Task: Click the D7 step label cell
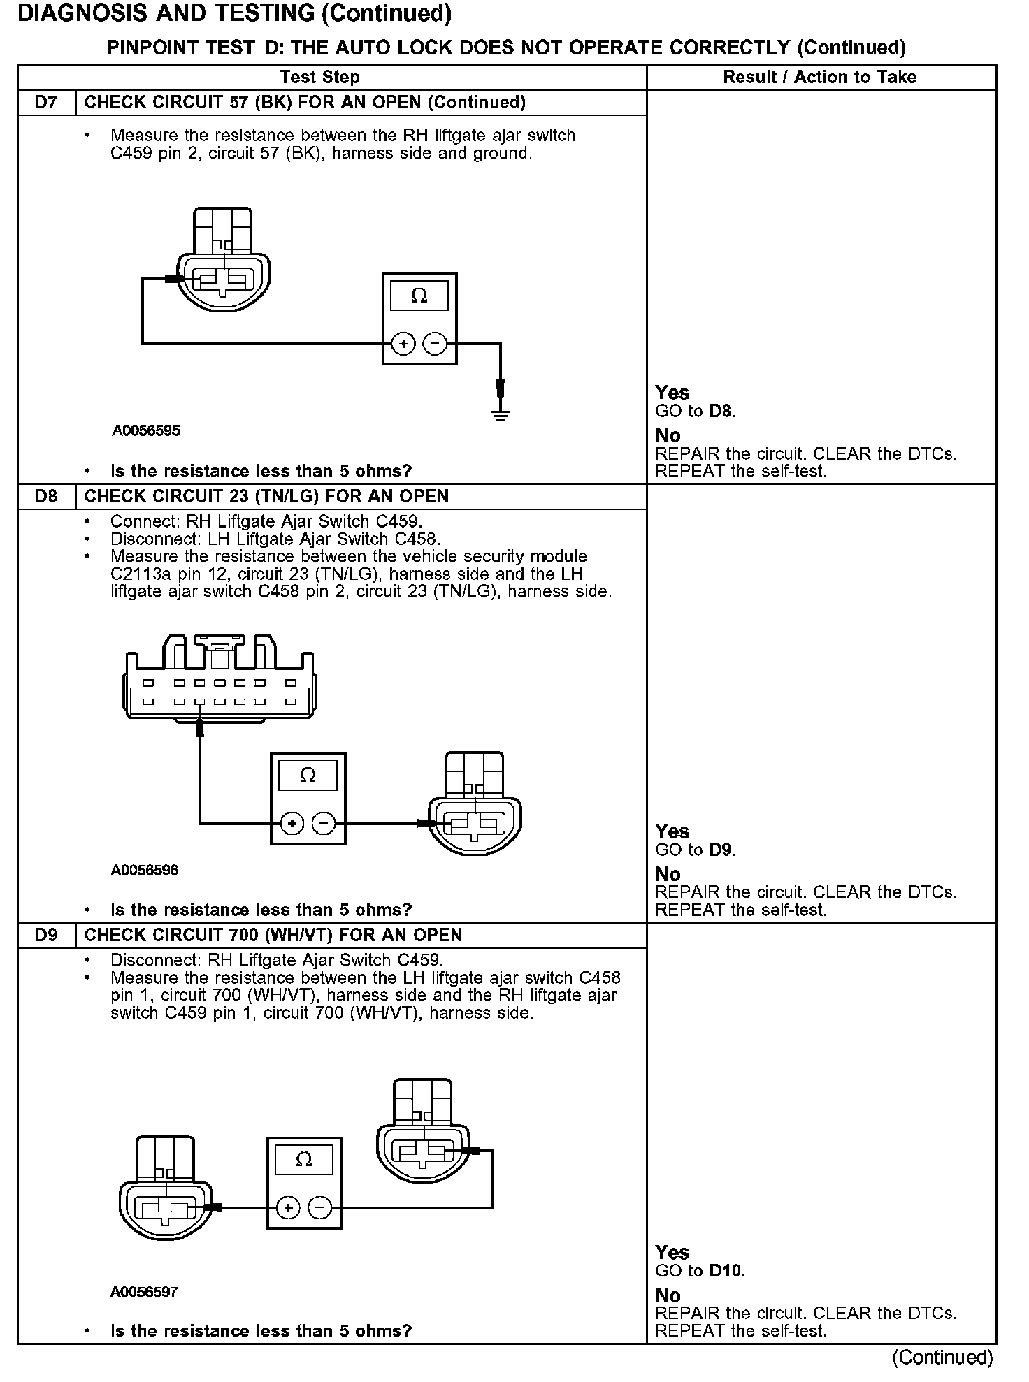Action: [46, 103]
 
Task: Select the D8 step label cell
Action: [46, 497]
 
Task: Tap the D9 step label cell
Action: [46, 936]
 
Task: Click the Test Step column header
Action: [319, 78]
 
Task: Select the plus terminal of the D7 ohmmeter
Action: [403, 344]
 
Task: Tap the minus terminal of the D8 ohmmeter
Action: [324, 824]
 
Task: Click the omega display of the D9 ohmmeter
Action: [303, 1159]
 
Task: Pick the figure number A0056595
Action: [146, 431]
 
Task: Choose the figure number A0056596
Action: [145, 871]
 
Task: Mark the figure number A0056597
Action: [144, 1292]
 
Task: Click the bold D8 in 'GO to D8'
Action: [721, 411]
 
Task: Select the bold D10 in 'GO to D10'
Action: [726, 1271]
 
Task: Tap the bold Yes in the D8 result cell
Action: [672, 831]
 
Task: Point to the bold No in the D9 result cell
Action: [668, 1295]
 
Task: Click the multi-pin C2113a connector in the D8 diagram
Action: [220, 681]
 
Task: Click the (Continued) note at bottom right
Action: [942, 1358]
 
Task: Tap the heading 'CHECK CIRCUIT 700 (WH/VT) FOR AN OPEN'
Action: [273, 936]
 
